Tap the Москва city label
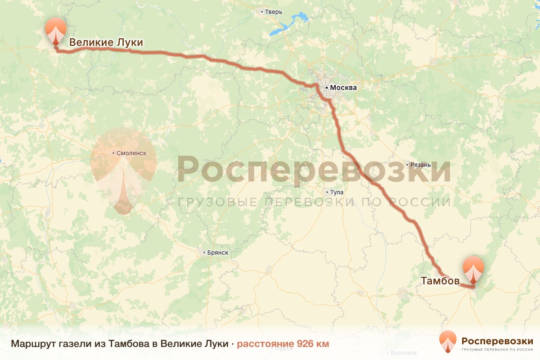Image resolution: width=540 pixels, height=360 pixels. [x=342, y=88]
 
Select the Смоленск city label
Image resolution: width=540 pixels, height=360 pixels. [x=131, y=153]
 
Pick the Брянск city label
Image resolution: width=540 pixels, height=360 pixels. [x=217, y=252]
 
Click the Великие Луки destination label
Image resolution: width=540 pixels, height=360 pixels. [x=106, y=43]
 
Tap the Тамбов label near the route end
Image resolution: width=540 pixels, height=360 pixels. [x=440, y=281]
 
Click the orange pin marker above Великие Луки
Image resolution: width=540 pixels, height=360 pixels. [x=55, y=30]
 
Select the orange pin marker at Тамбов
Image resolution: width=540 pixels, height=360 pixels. [x=473, y=269]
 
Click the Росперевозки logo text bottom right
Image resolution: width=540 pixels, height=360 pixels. [x=497, y=341]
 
